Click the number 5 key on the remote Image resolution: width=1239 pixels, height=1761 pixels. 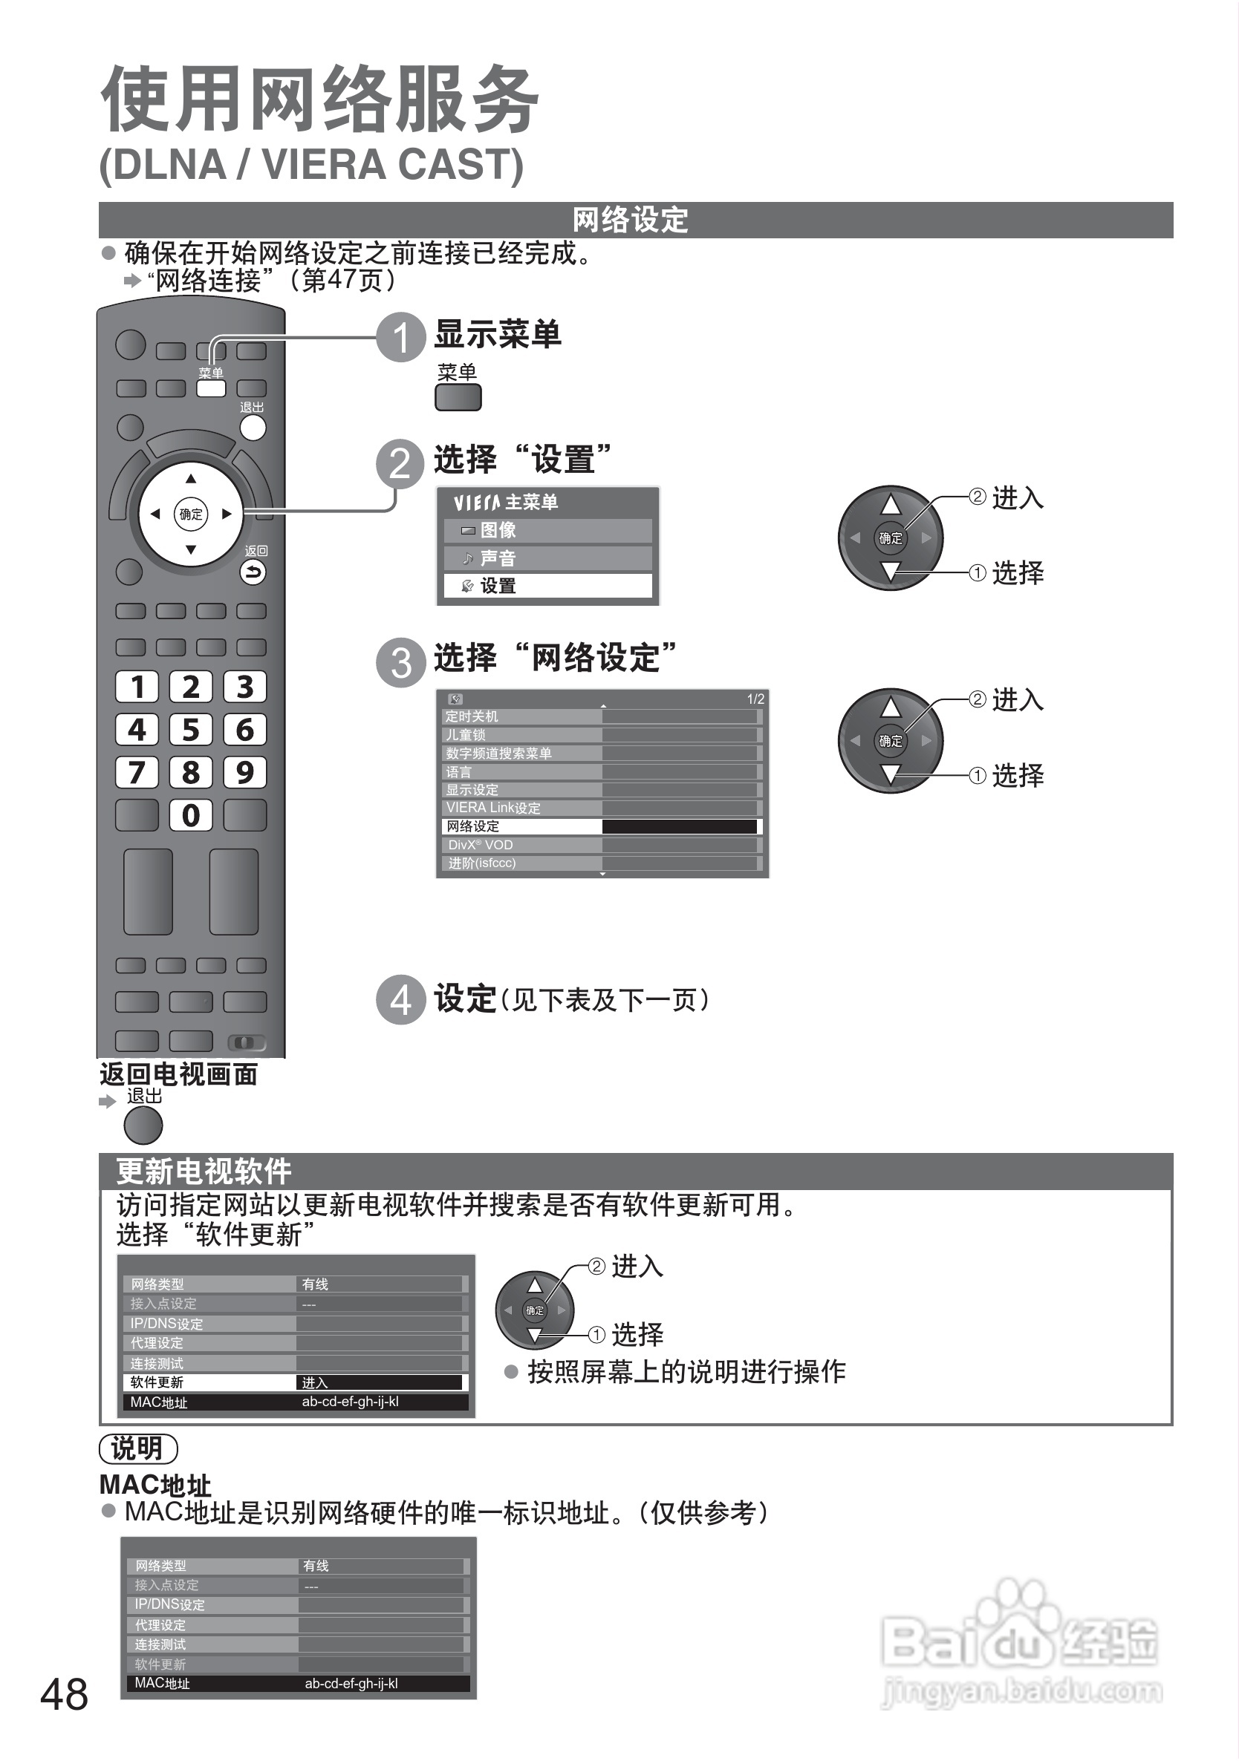click(x=190, y=729)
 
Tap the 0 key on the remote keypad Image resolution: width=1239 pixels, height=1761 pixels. click(x=190, y=814)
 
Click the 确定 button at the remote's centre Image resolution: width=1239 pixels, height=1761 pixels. click(x=191, y=514)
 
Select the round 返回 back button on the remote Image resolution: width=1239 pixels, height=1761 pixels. click(x=253, y=572)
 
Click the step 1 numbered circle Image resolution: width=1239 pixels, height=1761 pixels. click(x=400, y=338)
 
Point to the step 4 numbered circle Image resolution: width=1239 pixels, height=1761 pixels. click(x=400, y=1000)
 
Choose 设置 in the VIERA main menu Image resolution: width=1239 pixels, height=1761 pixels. click(x=547, y=586)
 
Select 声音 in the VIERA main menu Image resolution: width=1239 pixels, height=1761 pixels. click(x=547, y=558)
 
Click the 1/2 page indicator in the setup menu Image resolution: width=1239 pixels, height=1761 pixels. click(x=755, y=699)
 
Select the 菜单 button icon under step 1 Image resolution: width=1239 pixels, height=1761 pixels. click(x=458, y=397)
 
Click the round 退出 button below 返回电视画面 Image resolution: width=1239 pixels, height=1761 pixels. click(x=143, y=1127)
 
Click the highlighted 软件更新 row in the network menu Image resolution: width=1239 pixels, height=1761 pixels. click(x=296, y=1382)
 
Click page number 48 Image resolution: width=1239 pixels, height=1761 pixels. click(x=65, y=1694)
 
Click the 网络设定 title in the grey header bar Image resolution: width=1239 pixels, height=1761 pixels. click(x=630, y=220)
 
